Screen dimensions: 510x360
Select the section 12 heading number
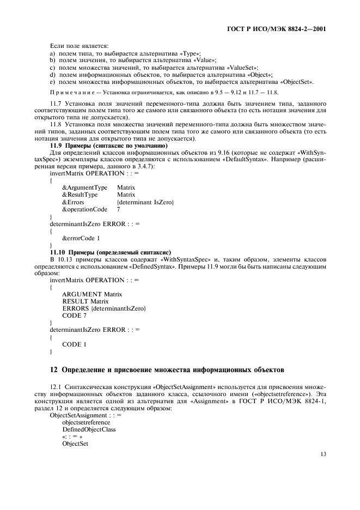click(x=53, y=370)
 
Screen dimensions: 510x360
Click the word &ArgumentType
click(x=84, y=187)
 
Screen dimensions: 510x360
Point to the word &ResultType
click(x=80, y=195)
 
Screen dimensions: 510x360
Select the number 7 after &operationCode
click(x=118, y=209)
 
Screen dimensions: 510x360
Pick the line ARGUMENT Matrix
click(x=92, y=294)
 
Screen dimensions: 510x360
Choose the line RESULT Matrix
click(x=85, y=301)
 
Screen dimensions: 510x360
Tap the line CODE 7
click(x=74, y=315)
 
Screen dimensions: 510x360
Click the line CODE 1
click(x=74, y=344)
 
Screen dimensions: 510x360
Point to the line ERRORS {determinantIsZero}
click(x=104, y=308)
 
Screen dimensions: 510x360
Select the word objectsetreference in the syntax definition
click(x=86, y=422)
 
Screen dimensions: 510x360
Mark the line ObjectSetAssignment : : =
click(x=86, y=415)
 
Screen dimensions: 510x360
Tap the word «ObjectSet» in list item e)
click(x=296, y=82)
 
